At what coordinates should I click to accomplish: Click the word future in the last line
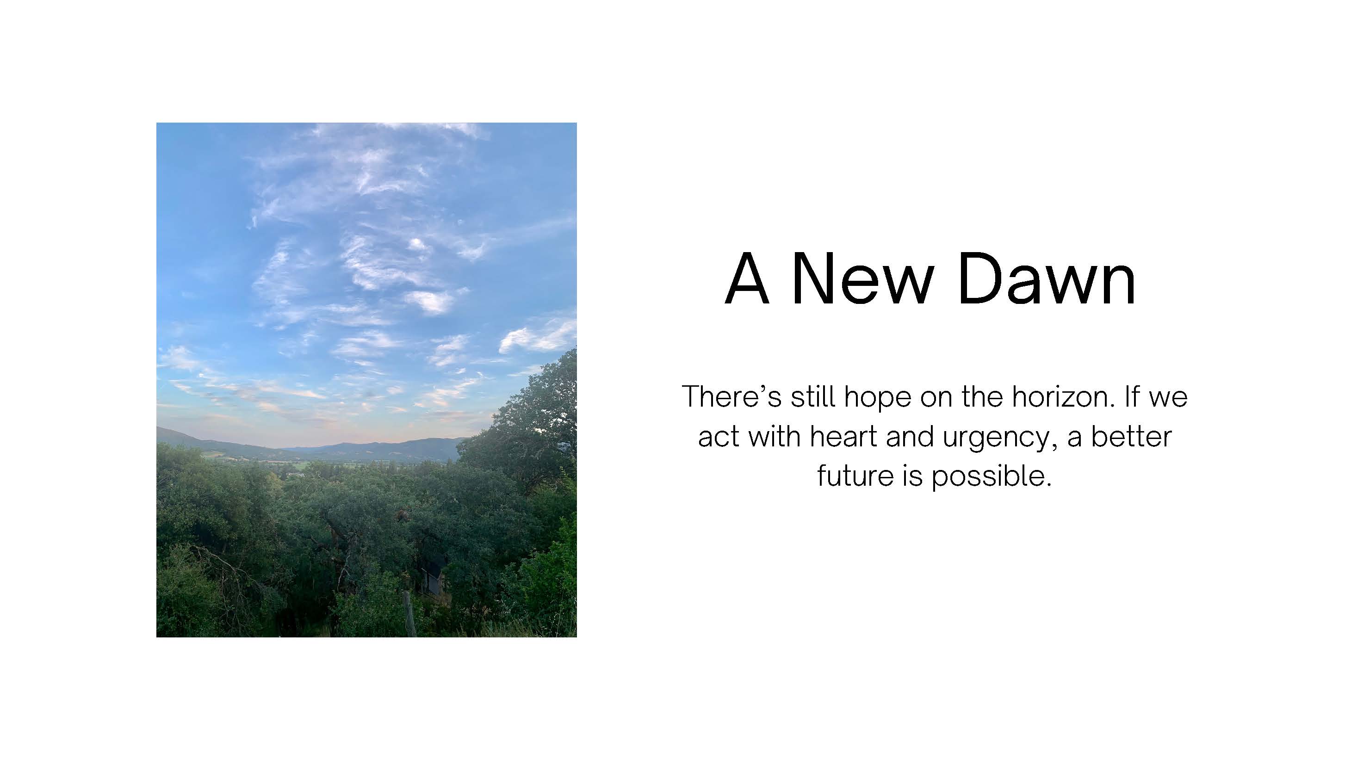(855, 476)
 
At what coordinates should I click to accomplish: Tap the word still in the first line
(813, 396)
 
